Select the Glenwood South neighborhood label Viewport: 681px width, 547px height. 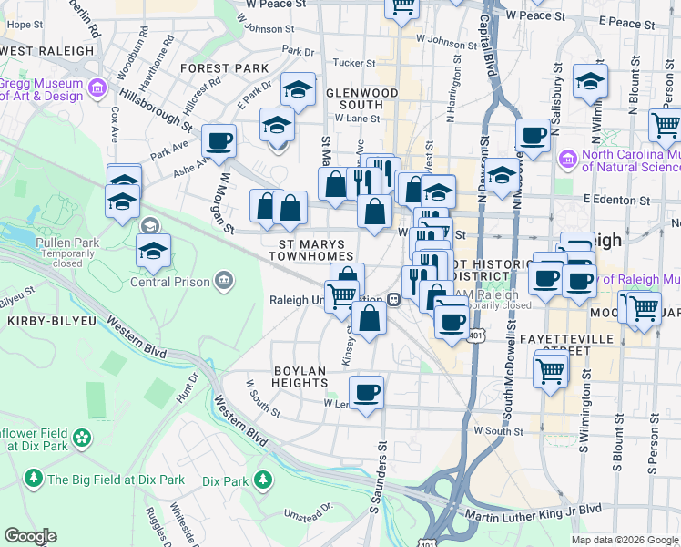click(361, 98)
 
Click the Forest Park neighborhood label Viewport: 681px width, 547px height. click(224, 68)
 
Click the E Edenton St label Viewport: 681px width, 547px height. click(619, 199)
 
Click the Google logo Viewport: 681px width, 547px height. click(30, 536)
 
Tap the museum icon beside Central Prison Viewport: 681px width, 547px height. click(224, 281)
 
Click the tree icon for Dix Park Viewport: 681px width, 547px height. click(263, 479)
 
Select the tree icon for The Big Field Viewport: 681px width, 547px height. click(34, 478)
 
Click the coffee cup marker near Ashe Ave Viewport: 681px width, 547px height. click(219, 141)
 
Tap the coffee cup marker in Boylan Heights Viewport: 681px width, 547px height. click(366, 392)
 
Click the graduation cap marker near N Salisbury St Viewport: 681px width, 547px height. click(590, 81)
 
